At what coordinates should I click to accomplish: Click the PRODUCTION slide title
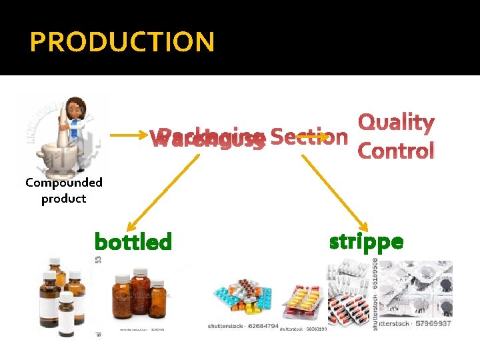pos(122,43)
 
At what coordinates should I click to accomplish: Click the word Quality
pos(396,123)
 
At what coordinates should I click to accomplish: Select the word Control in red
pos(396,151)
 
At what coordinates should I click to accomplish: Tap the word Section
pos(309,137)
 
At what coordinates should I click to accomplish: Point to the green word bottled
pos(133,241)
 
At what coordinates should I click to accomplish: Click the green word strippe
pos(366,241)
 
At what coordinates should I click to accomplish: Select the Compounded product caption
pos(64,190)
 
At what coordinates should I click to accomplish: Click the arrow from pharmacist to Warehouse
pos(127,136)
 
